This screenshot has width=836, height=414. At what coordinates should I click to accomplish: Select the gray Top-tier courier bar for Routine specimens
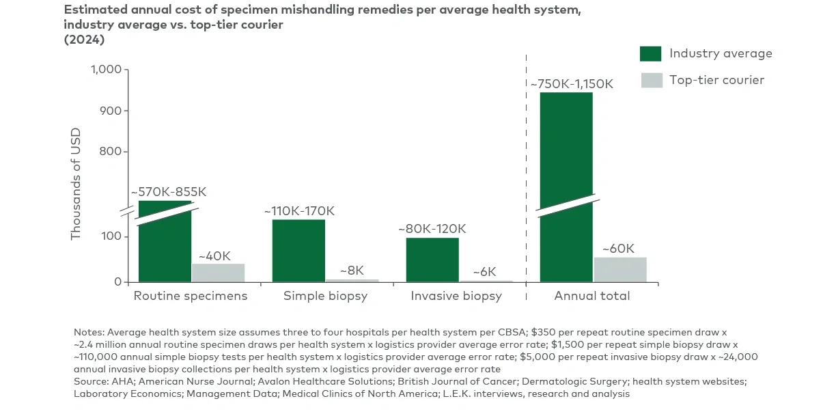coord(218,273)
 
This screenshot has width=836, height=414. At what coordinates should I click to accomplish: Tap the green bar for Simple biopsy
coord(298,251)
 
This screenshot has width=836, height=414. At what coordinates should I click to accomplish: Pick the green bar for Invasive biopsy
coord(432,260)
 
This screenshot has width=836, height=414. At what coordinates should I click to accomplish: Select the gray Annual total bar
coord(620,270)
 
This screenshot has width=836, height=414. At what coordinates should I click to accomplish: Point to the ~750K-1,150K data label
coord(572,84)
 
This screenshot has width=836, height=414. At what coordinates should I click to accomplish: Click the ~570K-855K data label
coord(168,192)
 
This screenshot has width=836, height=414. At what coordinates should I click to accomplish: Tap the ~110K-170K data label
coord(299,211)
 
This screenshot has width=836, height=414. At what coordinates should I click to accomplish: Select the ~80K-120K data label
coord(432,229)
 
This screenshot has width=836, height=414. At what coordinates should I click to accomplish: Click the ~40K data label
coord(214,256)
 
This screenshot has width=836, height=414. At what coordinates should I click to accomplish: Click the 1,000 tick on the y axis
coord(105,70)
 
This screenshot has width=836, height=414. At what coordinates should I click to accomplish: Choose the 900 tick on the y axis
coord(110,111)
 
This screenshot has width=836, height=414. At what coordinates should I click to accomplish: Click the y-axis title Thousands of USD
coord(76,184)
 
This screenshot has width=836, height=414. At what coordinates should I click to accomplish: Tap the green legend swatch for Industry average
coord(650,54)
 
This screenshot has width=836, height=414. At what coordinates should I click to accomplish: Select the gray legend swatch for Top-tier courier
coord(650,80)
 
